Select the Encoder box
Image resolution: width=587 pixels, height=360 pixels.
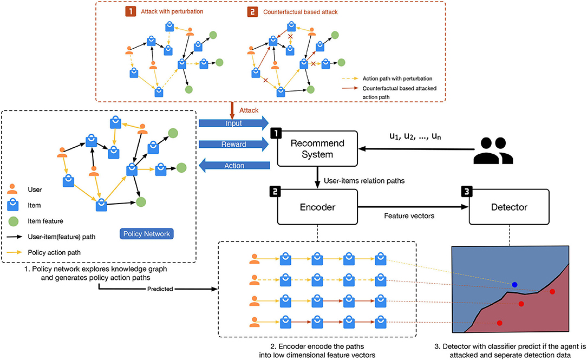318,206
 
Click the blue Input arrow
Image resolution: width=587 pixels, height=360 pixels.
234,123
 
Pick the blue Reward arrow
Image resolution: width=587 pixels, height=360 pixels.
234,145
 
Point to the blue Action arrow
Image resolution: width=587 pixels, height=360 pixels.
234,166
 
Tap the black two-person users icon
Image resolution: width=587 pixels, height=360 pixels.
492,150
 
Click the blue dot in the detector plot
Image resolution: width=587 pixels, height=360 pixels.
514,284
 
